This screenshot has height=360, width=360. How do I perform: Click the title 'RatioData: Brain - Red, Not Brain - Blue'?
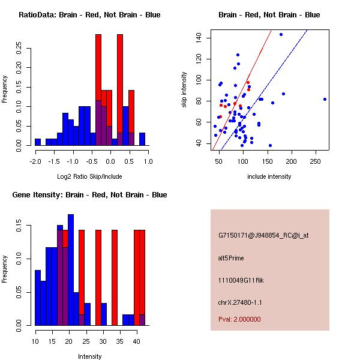click(x=89, y=14)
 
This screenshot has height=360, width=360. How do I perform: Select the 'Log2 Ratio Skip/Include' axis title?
click(x=89, y=177)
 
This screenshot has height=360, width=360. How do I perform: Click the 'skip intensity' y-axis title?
click(x=184, y=90)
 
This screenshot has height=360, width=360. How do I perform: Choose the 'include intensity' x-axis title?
click(x=269, y=177)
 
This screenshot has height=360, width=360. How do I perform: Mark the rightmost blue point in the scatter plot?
click(x=325, y=99)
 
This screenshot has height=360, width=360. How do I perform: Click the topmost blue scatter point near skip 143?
click(x=281, y=34)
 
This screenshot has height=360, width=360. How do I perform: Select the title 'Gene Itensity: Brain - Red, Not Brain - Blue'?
click(x=89, y=195)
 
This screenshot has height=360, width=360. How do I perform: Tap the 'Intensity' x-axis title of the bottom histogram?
click(x=89, y=357)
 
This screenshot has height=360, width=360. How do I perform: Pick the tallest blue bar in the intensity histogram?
click(x=71, y=269)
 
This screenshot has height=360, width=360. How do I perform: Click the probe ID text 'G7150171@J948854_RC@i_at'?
click(x=263, y=236)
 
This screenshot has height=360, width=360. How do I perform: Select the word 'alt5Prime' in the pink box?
click(x=231, y=258)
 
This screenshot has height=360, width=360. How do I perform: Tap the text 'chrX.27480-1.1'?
click(x=240, y=302)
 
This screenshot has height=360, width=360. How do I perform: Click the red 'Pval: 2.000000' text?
click(x=239, y=319)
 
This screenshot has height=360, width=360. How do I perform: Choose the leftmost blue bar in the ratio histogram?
click(x=38, y=142)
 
